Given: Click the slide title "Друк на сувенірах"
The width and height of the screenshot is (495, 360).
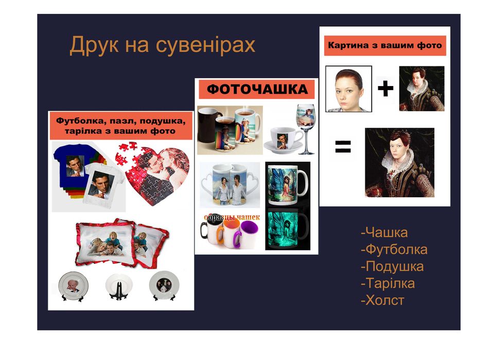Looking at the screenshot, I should (162, 45).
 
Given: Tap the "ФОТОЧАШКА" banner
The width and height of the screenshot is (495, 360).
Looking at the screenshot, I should (257, 90).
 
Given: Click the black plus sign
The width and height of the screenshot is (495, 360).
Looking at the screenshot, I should (385, 89).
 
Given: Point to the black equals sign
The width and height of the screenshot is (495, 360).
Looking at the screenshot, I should (343, 147).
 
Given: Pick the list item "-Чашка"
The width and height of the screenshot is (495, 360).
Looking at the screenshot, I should (384, 233).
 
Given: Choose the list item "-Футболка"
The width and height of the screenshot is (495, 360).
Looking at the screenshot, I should (394, 250).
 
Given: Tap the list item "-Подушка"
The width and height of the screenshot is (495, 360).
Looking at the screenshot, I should (392, 267).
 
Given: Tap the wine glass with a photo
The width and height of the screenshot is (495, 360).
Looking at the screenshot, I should (305, 126).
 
